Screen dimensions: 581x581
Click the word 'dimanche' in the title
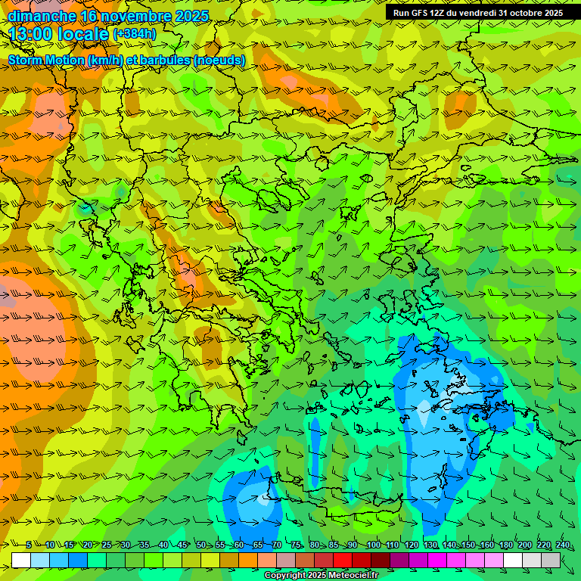(x=42, y=16)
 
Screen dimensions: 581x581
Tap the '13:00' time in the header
(x=31, y=33)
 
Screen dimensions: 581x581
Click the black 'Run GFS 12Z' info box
(x=477, y=13)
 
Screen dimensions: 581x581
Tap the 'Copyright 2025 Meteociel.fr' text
(x=321, y=576)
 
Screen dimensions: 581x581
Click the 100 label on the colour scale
(x=373, y=545)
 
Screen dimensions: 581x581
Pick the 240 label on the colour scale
(x=562, y=545)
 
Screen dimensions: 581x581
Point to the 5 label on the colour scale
(x=29, y=545)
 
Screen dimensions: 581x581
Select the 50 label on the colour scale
(x=200, y=545)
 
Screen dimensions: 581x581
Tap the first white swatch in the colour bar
(x=21, y=560)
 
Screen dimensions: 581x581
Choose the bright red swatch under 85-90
(x=343, y=560)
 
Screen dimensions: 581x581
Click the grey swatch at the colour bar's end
(x=551, y=560)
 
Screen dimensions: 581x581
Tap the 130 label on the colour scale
(x=430, y=545)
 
